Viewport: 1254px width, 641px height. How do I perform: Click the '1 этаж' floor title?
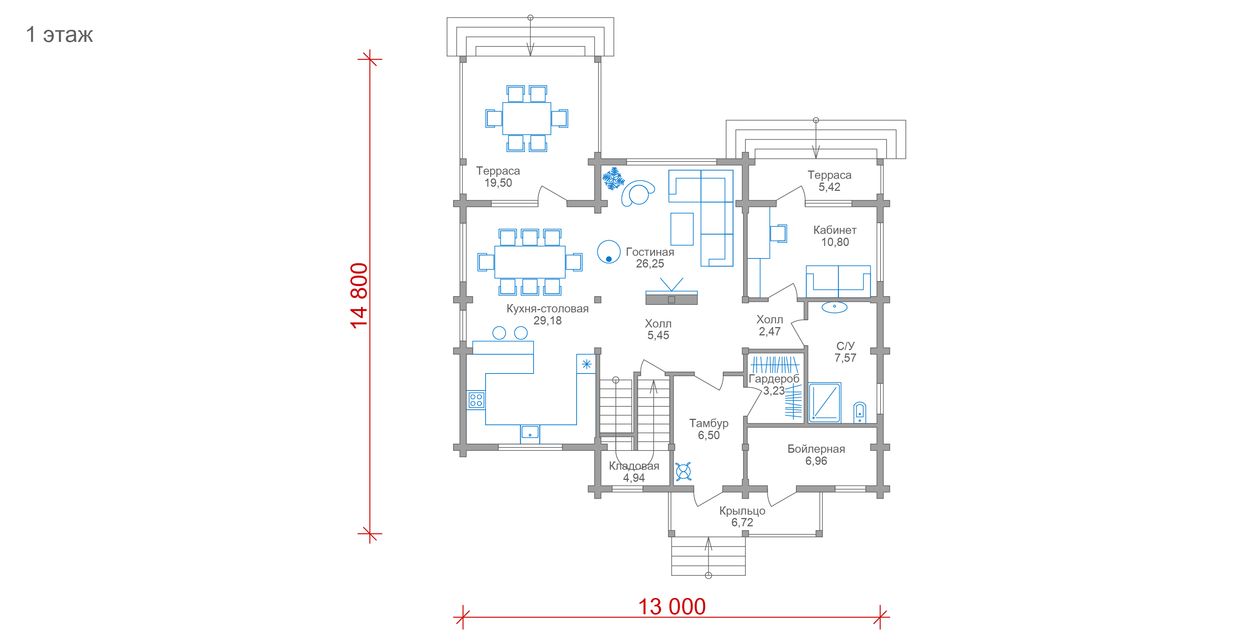pyautogui.click(x=59, y=35)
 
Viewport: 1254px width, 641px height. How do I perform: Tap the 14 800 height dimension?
pyautogui.click(x=359, y=296)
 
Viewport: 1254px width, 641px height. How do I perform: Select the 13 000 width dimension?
pyautogui.click(x=672, y=606)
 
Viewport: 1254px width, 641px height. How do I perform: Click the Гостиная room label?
pyautogui.click(x=650, y=252)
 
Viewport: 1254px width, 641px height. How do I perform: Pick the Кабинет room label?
pyautogui.click(x=835, y=230)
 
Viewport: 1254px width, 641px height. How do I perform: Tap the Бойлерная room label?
pyautogui.click(x=816, y=449)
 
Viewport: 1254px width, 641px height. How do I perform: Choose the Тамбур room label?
pyautogui.click(x=709, y=423)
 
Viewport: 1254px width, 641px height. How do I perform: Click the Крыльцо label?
pyautogui.click(x=742, y=511)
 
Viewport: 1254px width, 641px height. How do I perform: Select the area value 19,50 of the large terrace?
pyautogui.click(x=498, y=183)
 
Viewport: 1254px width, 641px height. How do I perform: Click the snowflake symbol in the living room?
pyautogui.click(x=613, y=178)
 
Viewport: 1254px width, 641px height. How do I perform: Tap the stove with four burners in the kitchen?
pyautogui.click(x=476, y=400)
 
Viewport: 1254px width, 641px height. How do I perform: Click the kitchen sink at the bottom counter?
pyautogui.click(x=530, y=432)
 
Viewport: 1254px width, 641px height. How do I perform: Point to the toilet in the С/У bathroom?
pyautogui.click(x=860, y=412)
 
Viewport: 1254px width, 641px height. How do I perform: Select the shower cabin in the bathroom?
pyautogui.click(x=825, y=402)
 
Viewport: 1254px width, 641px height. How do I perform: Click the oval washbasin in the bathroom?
pyautogui.click(x=834, y=307)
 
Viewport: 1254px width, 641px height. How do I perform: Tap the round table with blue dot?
pyautogui.click(x=609, y=252)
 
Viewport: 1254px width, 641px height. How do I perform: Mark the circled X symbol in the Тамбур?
pyautogui.click(x=683, y=471)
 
